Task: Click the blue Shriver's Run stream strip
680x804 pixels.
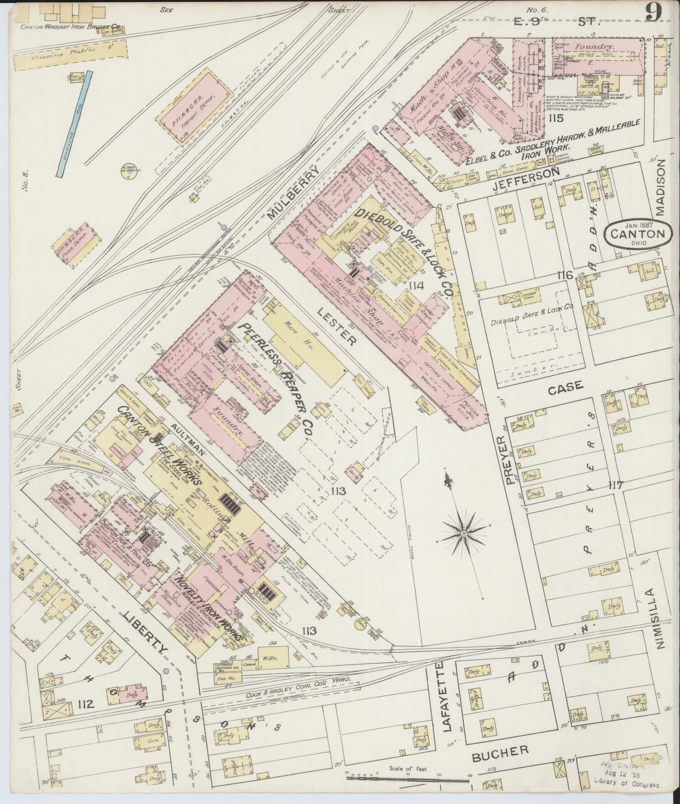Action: (x=75, y=123)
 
